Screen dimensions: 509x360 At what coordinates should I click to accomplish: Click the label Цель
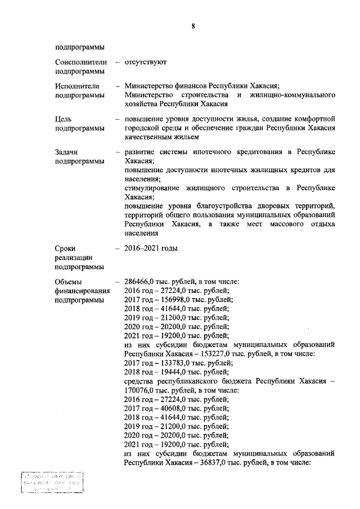coord(64,119)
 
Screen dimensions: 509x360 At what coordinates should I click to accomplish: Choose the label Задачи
coord(67,152)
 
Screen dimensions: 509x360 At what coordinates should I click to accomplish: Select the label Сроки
coord(66,248)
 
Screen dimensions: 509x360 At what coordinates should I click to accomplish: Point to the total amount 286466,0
coord(140,282)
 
